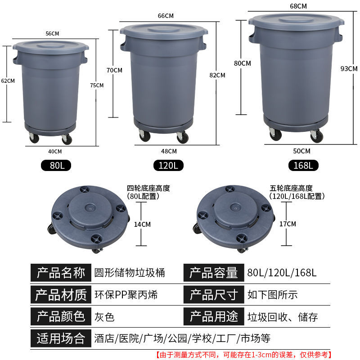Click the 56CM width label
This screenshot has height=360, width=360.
(x=52, y=33)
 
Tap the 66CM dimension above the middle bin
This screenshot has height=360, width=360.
(x=166, y=16)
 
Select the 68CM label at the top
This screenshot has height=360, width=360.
(x=298, y=6)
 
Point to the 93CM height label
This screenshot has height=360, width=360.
(x=349, y=69)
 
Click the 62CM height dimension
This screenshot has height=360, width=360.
(x=8, y=81)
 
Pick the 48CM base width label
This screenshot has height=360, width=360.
(x=169, y=151)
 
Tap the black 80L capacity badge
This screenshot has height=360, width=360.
(x=56, y=165)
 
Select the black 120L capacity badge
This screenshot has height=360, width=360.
(x=168, y=165)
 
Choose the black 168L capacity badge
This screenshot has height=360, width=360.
(x=303, y=165)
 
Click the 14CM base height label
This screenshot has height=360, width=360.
(x=142, y=224)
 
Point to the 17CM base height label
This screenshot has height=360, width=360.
(x=288, y=224)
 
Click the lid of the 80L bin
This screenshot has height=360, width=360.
(x=51, y=47)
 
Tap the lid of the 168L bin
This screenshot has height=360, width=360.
(x=297, y=21)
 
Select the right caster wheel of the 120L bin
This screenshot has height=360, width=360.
(x=183, y=137)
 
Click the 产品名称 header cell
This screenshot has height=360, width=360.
(x=61, y=273)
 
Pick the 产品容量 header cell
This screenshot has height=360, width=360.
(x=214, y=273)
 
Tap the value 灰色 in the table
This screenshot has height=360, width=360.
(x=104, y=317)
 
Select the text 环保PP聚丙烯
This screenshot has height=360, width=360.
(x=126, y=295)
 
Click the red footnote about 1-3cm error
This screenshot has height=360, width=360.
(x=243, y=355)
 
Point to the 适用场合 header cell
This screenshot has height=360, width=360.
(x=61, y=338)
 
